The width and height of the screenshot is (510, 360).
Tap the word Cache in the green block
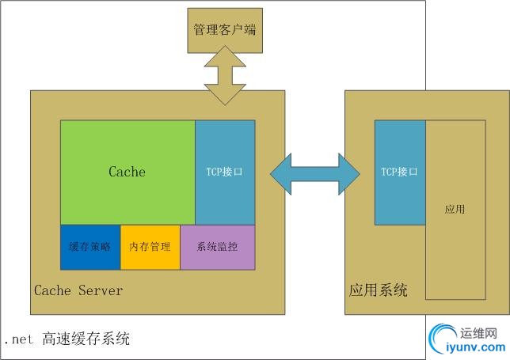(127, 172)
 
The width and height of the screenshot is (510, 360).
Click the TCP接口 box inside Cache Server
(225, 172)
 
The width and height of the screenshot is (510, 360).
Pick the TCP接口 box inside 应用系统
(400, 172)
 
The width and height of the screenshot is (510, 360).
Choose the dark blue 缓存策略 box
(90, 247)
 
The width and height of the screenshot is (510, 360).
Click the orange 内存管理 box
(150, 247)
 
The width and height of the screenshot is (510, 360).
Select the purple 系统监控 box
(218, 247)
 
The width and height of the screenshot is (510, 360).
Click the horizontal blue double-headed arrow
(314, 171)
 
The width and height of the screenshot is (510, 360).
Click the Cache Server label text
(78, 290)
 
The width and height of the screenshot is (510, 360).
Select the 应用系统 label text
(379, 290)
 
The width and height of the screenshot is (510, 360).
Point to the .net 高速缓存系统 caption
(67, 339)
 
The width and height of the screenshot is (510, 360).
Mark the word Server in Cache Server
(101, 290)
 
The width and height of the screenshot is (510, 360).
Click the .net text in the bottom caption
(19, 340)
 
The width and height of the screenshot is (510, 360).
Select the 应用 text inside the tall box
(455, 210)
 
